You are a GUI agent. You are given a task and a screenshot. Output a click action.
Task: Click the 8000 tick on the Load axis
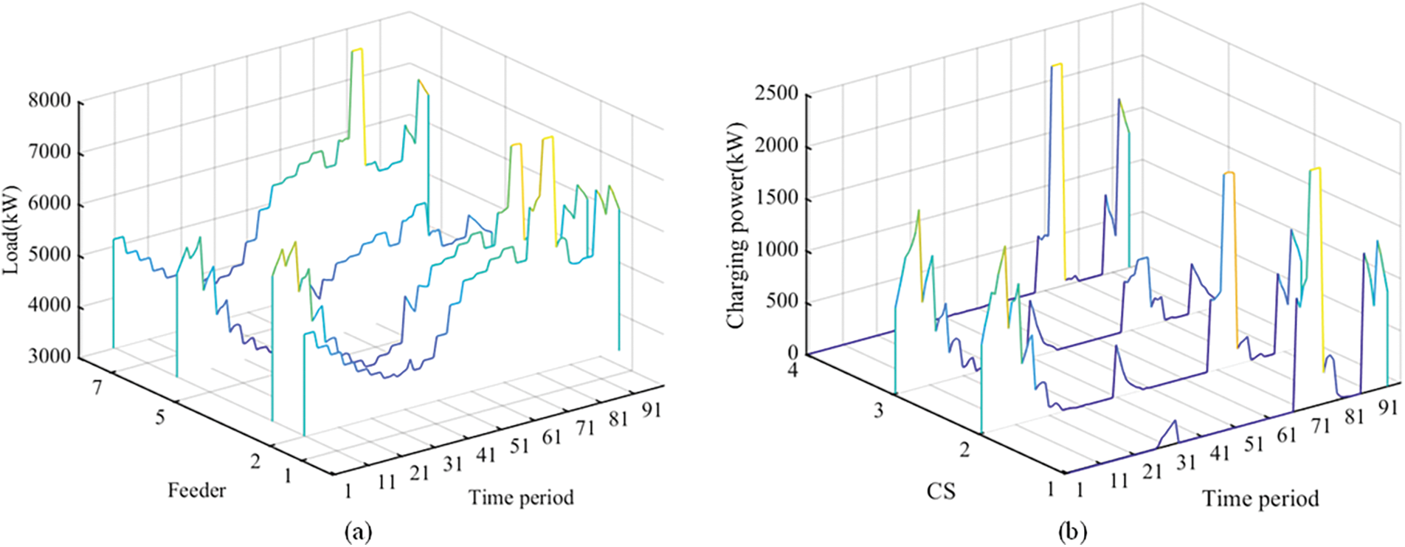[49, 101]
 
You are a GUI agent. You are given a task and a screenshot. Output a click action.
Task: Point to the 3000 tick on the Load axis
[49, 357]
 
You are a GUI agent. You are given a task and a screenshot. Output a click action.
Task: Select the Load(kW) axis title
[12, 230]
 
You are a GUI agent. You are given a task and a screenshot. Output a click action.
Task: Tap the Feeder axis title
[196, 490]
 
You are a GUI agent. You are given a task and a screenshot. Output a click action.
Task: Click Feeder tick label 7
[97, 386]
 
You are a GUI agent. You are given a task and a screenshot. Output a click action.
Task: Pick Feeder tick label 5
[159, 418]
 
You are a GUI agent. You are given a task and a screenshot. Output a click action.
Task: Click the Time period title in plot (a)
[521, 498]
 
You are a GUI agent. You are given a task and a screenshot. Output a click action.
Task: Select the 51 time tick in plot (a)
[519, 446]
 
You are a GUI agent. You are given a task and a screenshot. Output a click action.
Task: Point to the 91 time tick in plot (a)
[651, 409]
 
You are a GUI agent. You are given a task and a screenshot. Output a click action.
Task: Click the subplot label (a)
[358, 531]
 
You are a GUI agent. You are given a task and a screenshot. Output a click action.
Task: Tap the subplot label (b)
[1072, 531]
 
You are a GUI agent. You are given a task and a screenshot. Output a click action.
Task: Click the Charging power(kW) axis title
[736, 225]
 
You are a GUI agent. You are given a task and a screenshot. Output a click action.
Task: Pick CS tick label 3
[878, 410]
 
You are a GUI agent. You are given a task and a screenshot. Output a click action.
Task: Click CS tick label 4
[793, 369]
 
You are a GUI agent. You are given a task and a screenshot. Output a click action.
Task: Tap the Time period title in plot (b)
[1260, 500]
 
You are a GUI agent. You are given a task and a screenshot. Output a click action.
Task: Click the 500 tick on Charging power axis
[782, 303]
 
